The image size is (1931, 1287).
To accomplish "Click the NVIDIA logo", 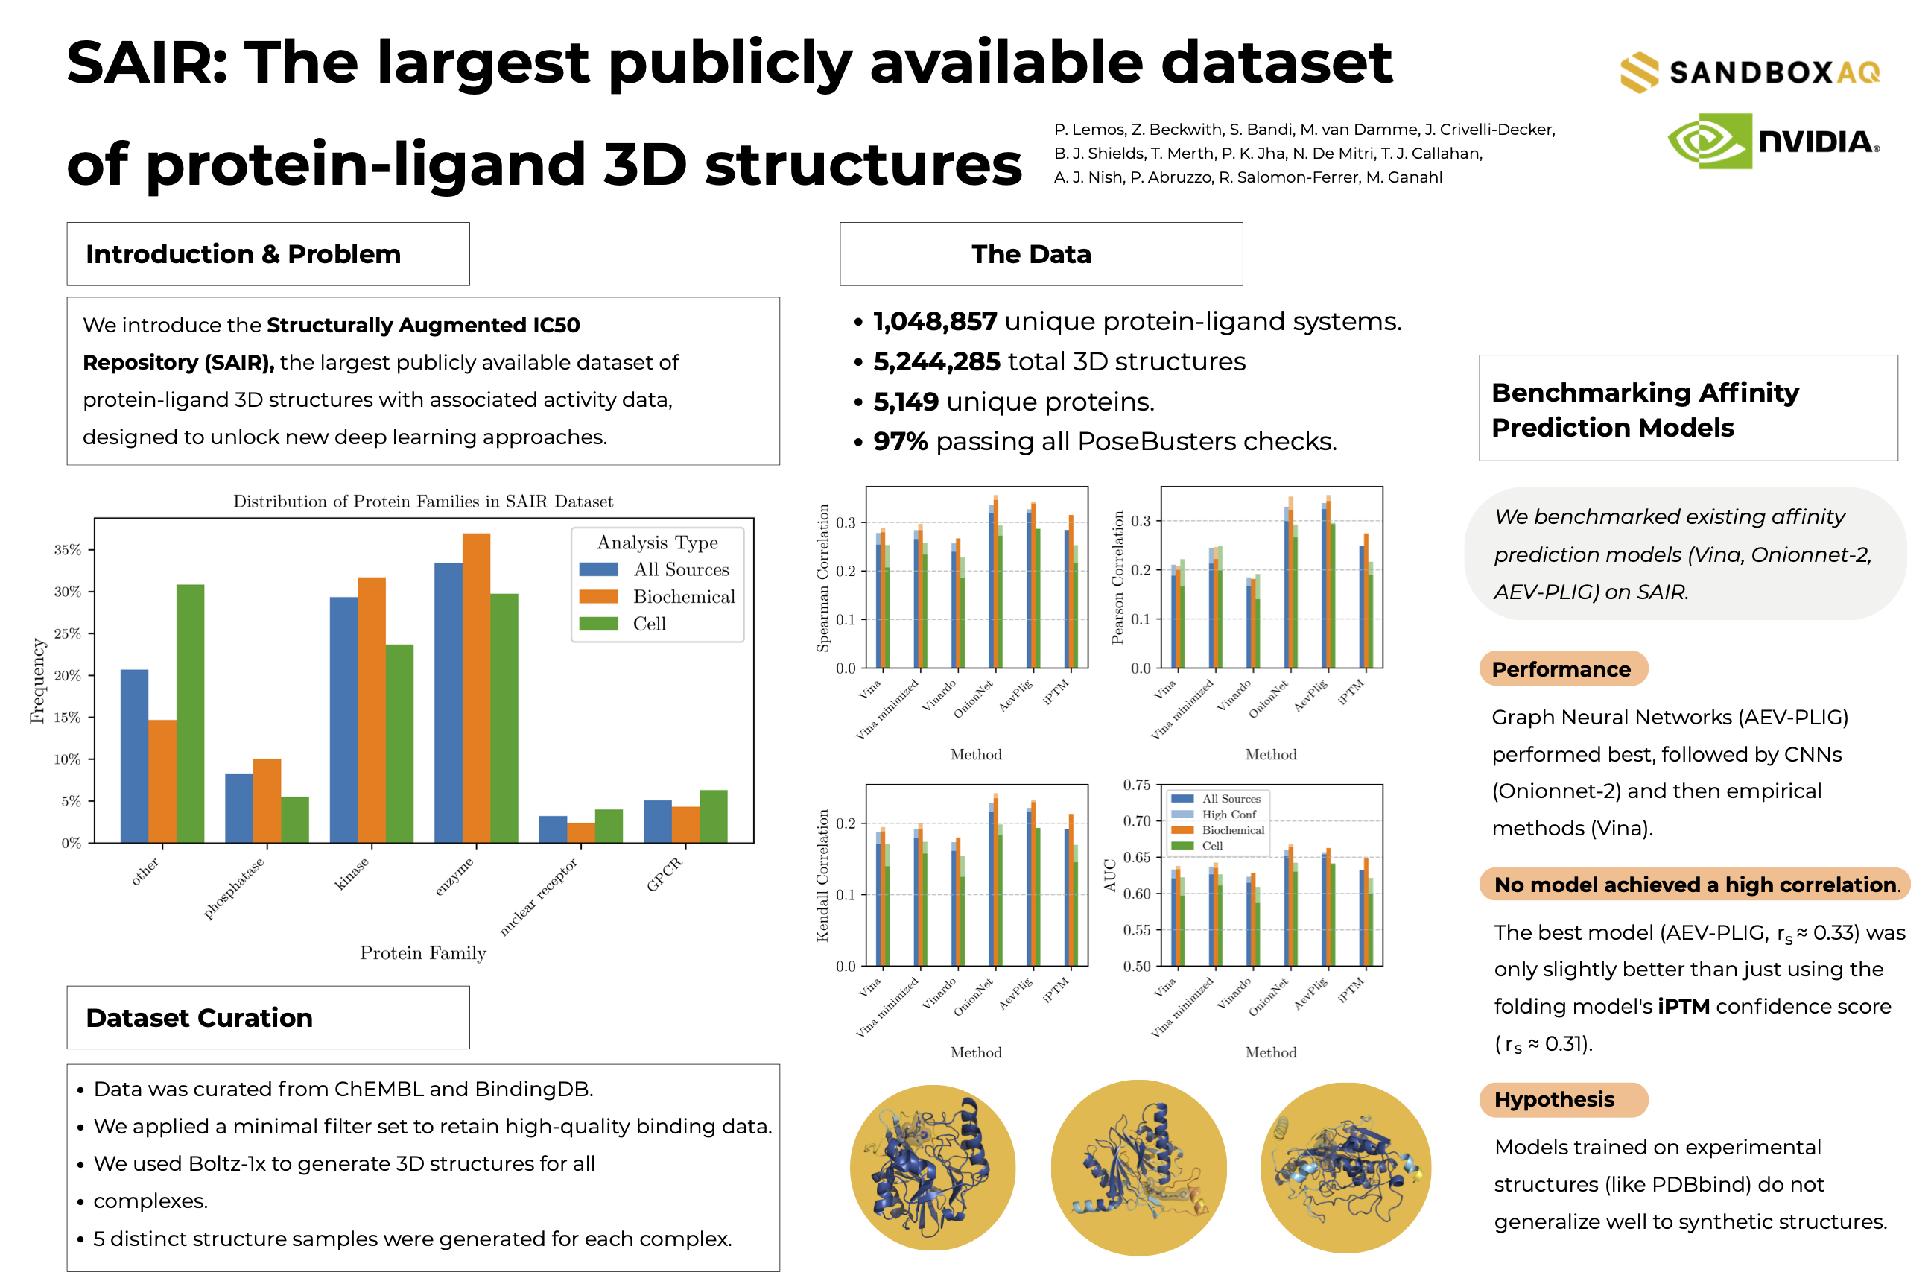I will click(x=1772, y=141).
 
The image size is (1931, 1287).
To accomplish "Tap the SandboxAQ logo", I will click(x=1749, y=72).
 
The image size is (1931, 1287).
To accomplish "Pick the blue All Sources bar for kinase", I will click(x=343, y=719).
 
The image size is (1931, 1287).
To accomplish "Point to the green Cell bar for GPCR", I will click(x=713, y=816).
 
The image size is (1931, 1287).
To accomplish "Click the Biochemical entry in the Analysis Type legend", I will click(x=683, y=597).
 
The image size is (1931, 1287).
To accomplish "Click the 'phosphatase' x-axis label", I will click(x=234, y=888).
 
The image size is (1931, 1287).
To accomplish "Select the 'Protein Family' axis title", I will click(x=422, y=953).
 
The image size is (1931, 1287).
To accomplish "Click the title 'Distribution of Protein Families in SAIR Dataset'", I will click(x=422, y=502).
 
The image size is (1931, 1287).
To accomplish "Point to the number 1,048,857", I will click(x=934, y=322).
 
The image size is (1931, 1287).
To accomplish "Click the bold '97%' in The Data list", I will click(x=900, y=442).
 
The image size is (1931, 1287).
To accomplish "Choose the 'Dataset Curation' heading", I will click(x=200, y=1018).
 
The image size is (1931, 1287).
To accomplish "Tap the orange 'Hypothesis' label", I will click(x=1553, y=1099).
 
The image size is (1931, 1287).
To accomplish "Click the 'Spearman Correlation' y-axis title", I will click(x=822, y=578).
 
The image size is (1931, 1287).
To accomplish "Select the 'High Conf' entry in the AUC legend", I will click(x=1228, y=815).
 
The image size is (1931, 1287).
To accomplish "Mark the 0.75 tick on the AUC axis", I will click(x=1136, y=785).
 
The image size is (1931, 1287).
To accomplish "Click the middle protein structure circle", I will click(x=1138, y=1167).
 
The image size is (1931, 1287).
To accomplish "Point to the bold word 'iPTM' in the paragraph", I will click(x=1683, y=1006).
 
